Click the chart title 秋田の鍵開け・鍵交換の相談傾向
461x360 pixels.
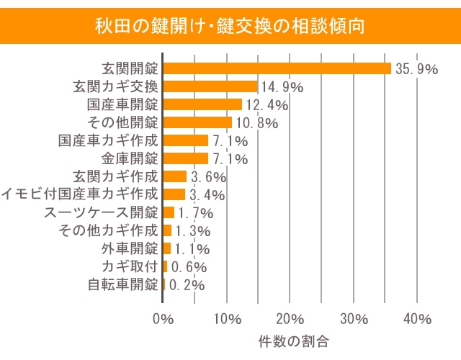point(230,27)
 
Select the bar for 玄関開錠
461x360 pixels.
point(277,68)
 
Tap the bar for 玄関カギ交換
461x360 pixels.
point(210,86)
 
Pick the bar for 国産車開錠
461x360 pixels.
point(202,104)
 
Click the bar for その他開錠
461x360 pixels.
point(197,122)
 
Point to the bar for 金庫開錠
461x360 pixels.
point(186,158)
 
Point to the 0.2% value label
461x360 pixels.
point(187,285)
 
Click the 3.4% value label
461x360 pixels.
point(206,195)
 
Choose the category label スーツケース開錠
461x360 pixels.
point(100,212)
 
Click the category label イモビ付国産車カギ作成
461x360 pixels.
point(79,194)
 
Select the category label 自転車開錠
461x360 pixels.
point(122,284)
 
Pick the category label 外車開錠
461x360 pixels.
point(130,248)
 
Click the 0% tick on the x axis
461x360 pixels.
point(164,319)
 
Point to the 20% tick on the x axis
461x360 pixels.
point(290,319)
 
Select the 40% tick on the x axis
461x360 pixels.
point(416,319)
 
